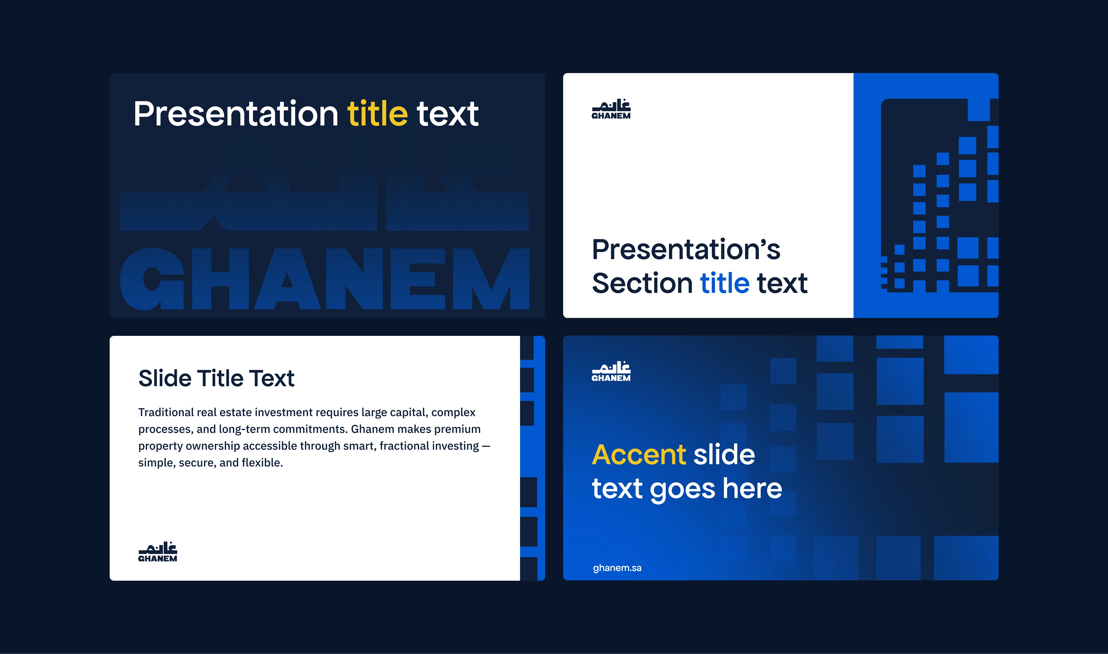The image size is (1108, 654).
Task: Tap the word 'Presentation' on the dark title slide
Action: tap(236, 113)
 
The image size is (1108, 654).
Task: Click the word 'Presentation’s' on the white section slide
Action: tap(686, 249)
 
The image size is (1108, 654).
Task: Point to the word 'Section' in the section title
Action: tap(642, 283)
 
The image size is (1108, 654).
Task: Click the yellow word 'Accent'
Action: tap(639, 454)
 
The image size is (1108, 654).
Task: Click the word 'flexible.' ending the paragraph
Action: tap(262, 463)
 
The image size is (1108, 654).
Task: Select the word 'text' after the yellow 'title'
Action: tap(447, 114)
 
